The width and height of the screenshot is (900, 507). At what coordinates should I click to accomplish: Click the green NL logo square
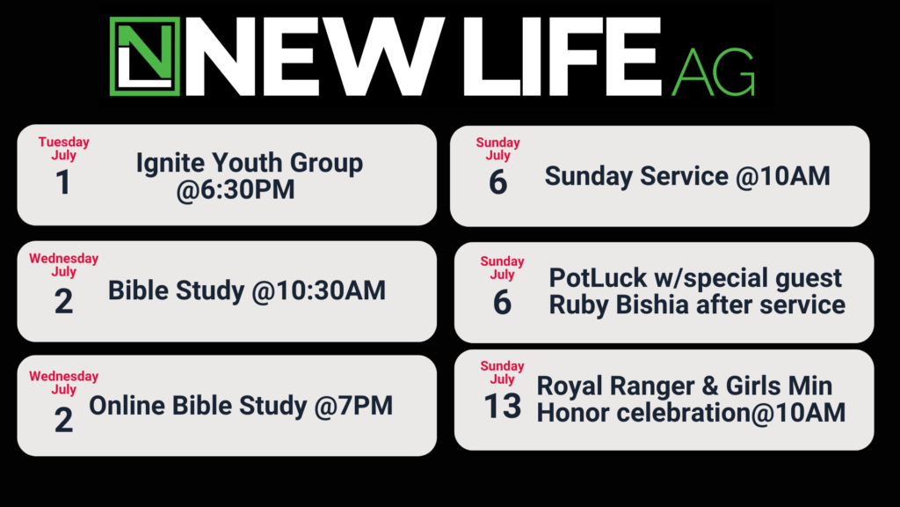pos(145,56)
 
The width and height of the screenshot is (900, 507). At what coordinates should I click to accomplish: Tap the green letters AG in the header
pos(713,72)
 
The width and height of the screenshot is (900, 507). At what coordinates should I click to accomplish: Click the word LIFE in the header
pos(562,56)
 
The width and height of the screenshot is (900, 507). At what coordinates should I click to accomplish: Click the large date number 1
pos(63,183)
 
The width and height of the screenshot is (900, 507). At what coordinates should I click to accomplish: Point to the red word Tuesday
pos(63,142)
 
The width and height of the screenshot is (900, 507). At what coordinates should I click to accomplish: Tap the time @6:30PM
pos(236,190)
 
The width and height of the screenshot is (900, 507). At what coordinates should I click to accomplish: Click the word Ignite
pos(170,163)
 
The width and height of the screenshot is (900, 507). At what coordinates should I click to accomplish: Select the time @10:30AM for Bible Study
pos(318,290)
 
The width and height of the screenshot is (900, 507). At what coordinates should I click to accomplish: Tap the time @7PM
pos(353,406)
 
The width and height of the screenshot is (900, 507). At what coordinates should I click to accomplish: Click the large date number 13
pos(503,407)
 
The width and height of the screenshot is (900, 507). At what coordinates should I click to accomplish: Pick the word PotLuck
pos(598,278)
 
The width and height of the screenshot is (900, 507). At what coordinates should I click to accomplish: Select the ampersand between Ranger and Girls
pos(710,386)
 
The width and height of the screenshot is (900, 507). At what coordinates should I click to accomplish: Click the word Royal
pos(570,386)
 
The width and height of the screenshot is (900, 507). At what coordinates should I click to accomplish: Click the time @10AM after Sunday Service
pos(783,176)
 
